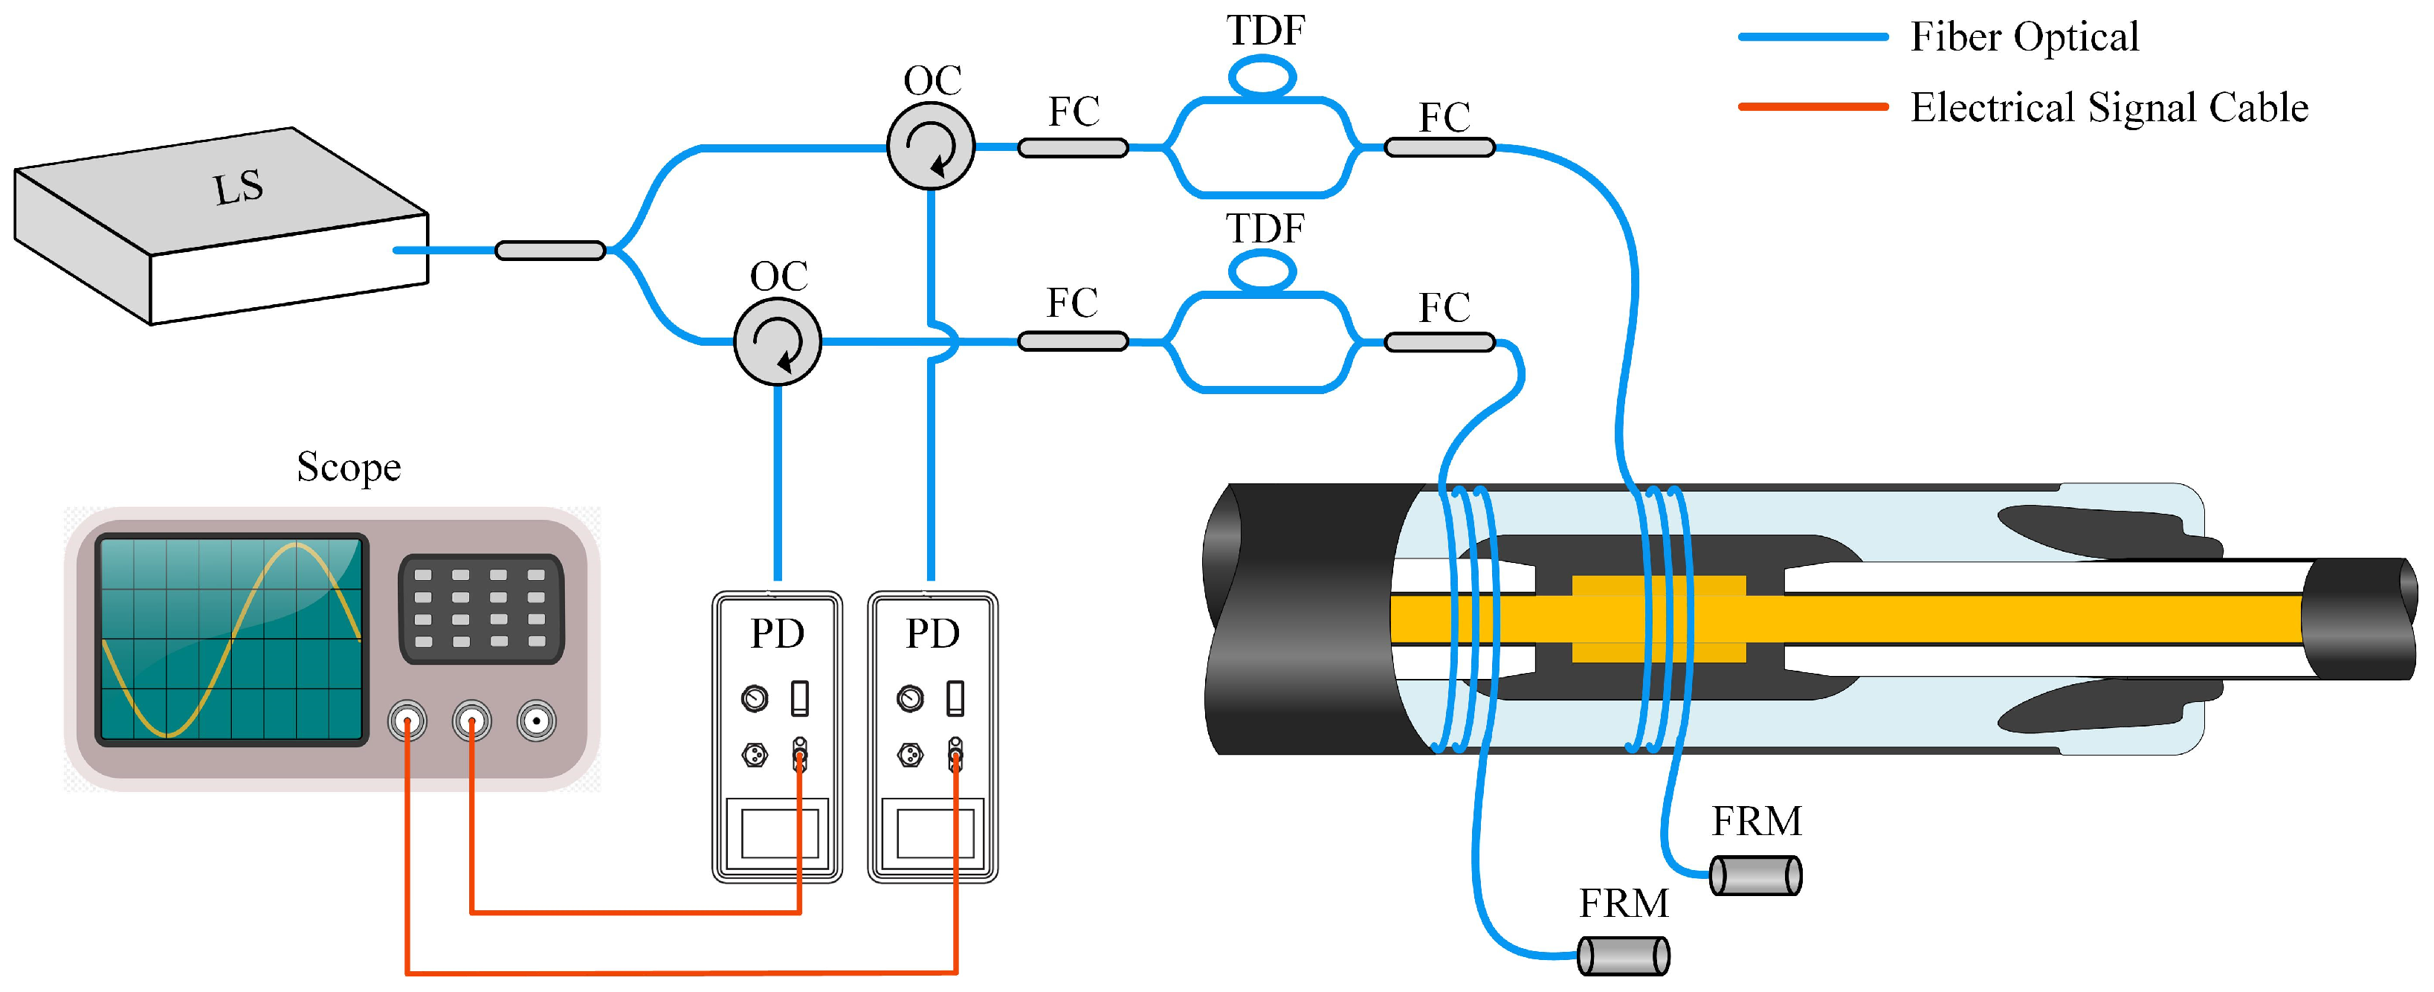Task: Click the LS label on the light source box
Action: (237, 187)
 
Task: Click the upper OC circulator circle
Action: (931, 146)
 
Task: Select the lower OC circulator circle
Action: (777, 342)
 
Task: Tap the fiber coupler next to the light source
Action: (550, 251)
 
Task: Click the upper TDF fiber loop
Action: (1262, 76)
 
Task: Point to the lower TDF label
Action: (1265, 228)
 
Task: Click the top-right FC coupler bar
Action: (1439, 147)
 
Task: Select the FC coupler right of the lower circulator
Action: (1073, 342)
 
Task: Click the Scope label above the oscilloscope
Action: (349, 467)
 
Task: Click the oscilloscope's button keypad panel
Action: (481, 608)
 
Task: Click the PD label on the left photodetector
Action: (777, 634)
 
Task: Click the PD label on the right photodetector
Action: (932, 634)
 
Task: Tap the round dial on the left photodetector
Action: (754, 699)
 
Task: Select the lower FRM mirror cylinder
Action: (1624, 956)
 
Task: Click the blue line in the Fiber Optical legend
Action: (1812, 37)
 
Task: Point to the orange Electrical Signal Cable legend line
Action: (1812, 107)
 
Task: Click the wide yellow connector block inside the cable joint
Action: (1659, 619)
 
